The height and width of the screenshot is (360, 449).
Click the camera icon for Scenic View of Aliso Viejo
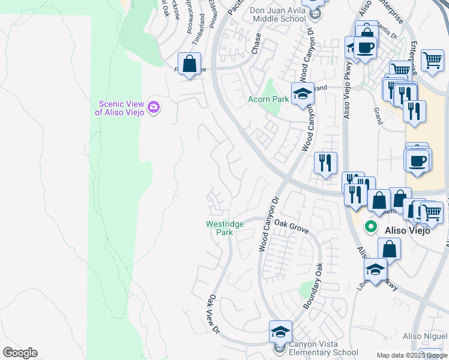[x=154, y=107]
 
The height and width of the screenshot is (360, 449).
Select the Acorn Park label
[x=268, y=98]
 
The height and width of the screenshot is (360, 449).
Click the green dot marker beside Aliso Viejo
[x=371, y=227]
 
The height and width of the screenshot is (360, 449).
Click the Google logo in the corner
[x=20, y=353]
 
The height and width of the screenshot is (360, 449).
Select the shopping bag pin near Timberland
[x=190, y=64]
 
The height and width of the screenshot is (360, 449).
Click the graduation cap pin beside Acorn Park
[x=303, y=94]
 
